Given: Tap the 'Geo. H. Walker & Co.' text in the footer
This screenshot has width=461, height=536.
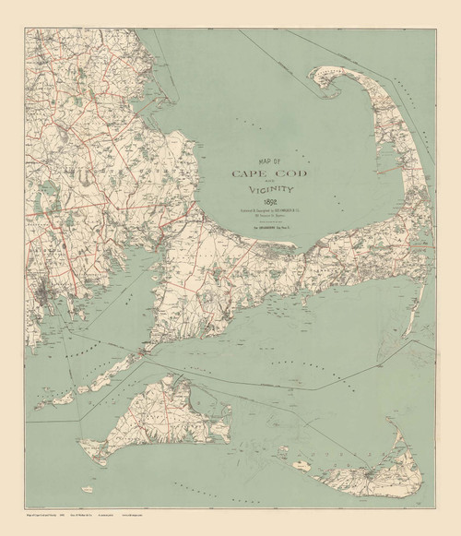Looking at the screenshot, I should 130,523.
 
